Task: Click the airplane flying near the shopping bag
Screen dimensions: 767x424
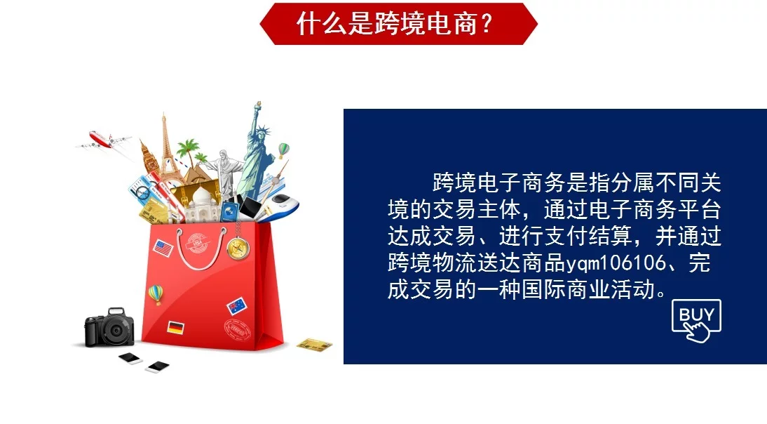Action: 104,140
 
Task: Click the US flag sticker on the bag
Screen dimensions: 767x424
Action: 163,249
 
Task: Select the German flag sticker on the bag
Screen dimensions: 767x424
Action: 175,327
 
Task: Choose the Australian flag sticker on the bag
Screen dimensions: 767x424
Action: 237,306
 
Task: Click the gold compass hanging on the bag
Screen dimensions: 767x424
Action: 238,249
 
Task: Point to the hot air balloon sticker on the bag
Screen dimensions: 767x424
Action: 156,294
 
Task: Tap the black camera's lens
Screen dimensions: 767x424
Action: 116,331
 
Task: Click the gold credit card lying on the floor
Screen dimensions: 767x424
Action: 315,345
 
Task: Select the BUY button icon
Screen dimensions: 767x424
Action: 696,320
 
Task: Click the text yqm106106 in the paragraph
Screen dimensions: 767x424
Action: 616,263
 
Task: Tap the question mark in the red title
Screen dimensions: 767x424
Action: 486,23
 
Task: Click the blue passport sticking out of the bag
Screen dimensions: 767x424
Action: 229,211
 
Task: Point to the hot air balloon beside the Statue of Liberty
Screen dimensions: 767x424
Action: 284,150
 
